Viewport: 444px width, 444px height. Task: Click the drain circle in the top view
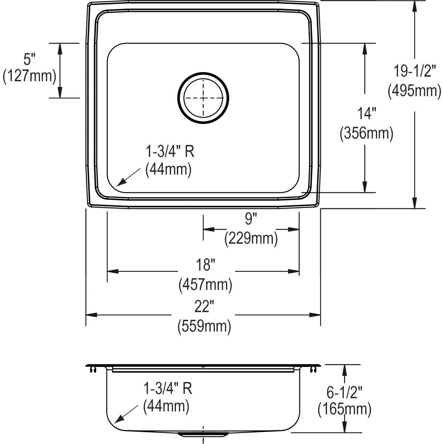[203, 98]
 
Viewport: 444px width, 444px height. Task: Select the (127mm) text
[29, 76]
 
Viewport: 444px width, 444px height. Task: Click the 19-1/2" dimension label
[415, 71]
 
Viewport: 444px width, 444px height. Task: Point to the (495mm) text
[414, 90]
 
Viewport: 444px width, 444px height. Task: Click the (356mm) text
[366, 133]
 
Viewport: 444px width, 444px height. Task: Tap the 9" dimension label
[250, 219]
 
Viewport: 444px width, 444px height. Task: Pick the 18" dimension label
[205, 265]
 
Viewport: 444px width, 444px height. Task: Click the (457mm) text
[205, 285]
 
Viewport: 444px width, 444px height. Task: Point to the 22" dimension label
[204, 307]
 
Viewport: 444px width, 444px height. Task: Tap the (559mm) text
[204, 326]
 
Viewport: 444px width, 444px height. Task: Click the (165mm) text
[344, 409]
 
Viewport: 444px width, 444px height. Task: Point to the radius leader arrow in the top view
[128, 177]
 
